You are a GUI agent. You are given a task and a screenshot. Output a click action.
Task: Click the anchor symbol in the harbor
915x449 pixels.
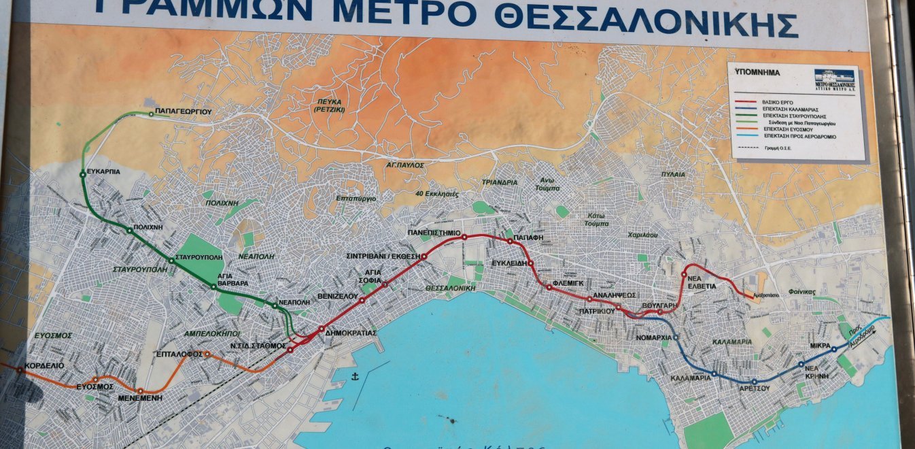[x=354, y=376]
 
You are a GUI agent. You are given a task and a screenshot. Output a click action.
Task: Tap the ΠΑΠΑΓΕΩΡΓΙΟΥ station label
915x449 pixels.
[x=184, y=110]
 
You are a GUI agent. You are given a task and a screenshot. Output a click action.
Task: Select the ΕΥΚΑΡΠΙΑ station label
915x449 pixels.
[x=103, y=172]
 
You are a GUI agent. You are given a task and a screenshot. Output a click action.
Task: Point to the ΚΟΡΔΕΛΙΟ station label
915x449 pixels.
[x=44, y=365]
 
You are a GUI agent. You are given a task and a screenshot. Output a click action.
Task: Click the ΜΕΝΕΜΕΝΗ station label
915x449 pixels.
[x=139, y=399]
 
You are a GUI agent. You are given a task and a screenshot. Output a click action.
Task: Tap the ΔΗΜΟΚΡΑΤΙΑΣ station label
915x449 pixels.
[x=351, y=333]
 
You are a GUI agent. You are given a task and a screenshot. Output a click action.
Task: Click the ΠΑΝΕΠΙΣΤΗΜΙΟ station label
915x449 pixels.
[x=435, y=232]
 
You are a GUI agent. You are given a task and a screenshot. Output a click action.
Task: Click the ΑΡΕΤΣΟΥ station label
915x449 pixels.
[x=754, y=388]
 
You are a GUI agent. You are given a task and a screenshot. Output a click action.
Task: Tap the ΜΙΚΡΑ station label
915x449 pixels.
[x=821, y=346]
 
